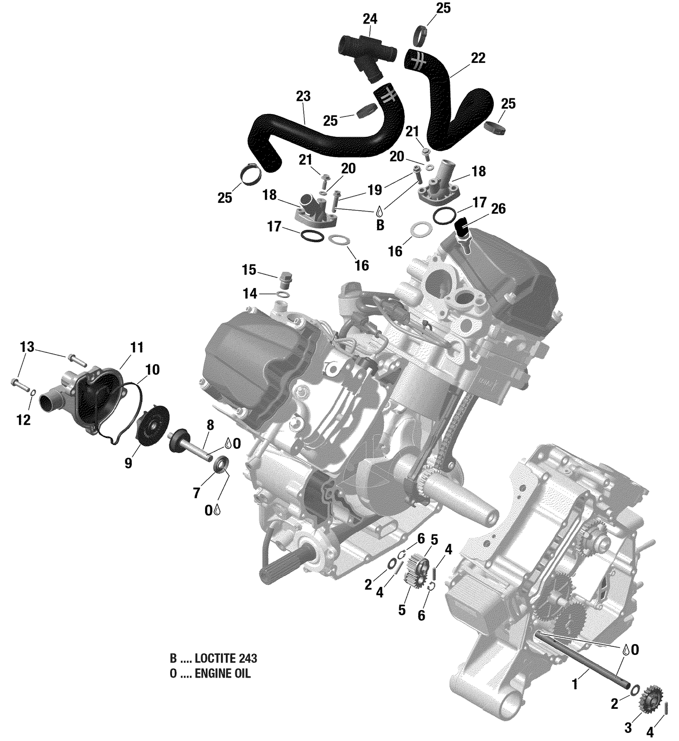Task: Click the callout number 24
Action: [370, 19]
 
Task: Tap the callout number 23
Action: [303, 96]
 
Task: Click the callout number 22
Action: [478, 58]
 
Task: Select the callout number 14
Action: [250, 294]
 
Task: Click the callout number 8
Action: [210, 425]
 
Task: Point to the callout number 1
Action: [575, 684]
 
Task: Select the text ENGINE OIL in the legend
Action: [222, 674]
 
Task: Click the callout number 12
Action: [24, 420]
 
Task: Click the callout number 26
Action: [498, 209]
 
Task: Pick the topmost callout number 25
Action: [443, 8]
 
